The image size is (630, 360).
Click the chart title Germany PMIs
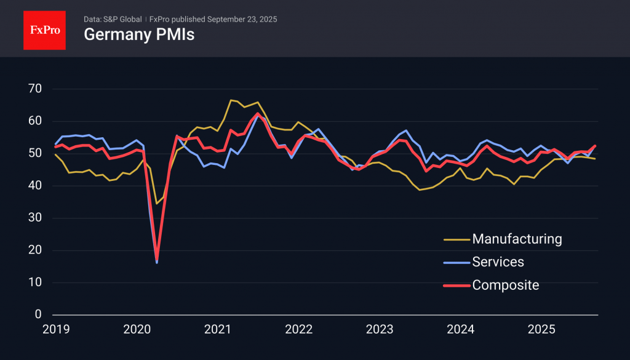tap(139, 35)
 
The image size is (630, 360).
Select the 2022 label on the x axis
tap(298, 329)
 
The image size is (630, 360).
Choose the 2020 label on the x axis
tap(136, 329)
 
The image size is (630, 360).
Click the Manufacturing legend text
tap(517, 239)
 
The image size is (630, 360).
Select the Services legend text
tap(498, 262)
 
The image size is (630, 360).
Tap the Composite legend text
tap(505, 285)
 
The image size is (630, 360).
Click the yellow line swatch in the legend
tap(456, 239)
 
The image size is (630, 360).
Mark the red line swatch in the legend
tap(456, 286)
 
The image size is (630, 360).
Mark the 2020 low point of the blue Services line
tap(157, 263)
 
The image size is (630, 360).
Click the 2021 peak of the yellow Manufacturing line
tap(231, 100)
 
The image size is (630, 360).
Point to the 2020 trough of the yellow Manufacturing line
tap(156, 203)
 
